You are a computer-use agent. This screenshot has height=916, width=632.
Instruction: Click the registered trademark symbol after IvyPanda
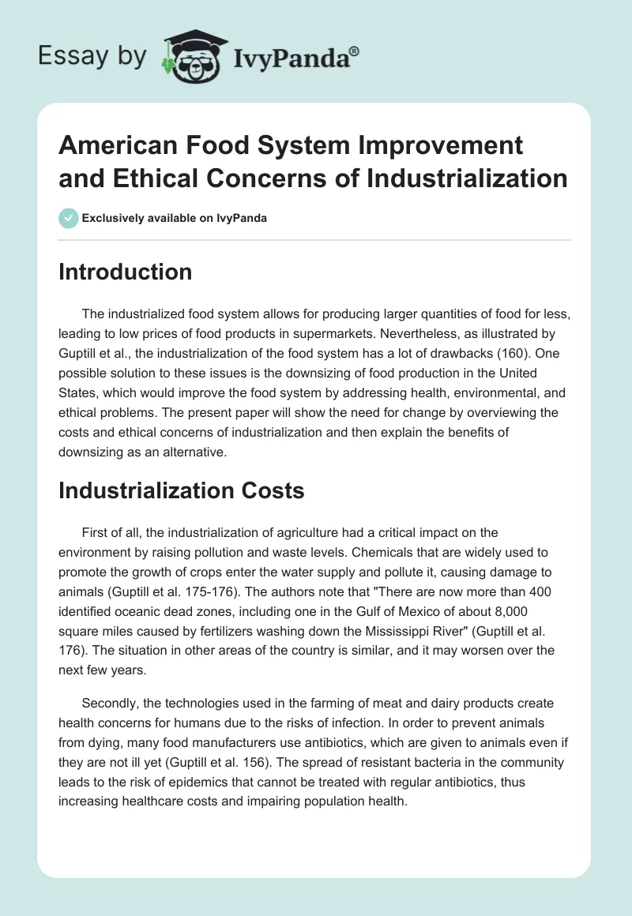355,51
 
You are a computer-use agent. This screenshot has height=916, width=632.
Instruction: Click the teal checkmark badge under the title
69,218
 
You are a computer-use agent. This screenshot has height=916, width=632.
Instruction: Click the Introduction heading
126,272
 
